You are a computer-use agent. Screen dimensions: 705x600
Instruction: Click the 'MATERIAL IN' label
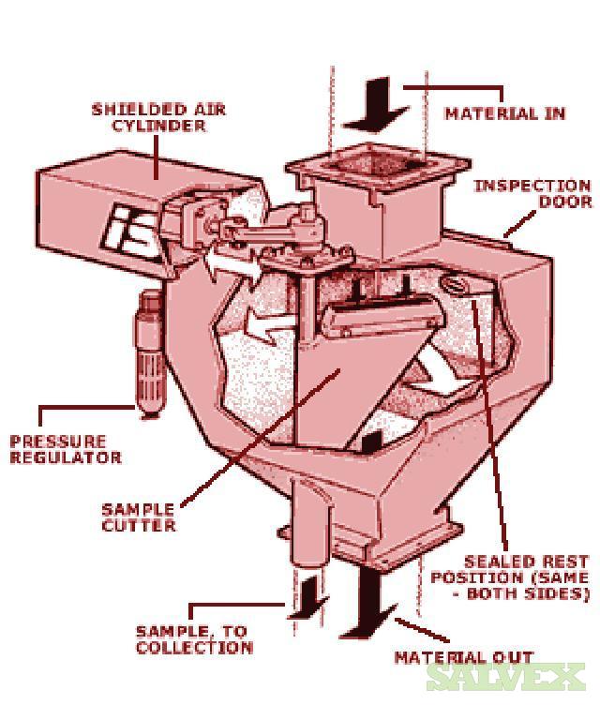coord(504,113)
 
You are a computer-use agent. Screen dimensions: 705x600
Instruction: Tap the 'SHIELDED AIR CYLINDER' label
coord(159,118)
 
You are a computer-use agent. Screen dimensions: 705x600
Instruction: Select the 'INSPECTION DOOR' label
coord(532,193)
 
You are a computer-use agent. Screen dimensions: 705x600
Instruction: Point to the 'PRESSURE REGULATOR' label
coord(66,449)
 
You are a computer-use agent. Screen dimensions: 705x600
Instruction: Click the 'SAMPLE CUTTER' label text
coord(138,517)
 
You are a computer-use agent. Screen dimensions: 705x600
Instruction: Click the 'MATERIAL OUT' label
coord(463,657)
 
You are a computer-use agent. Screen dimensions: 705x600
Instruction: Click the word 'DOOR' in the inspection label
coord(565,202)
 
